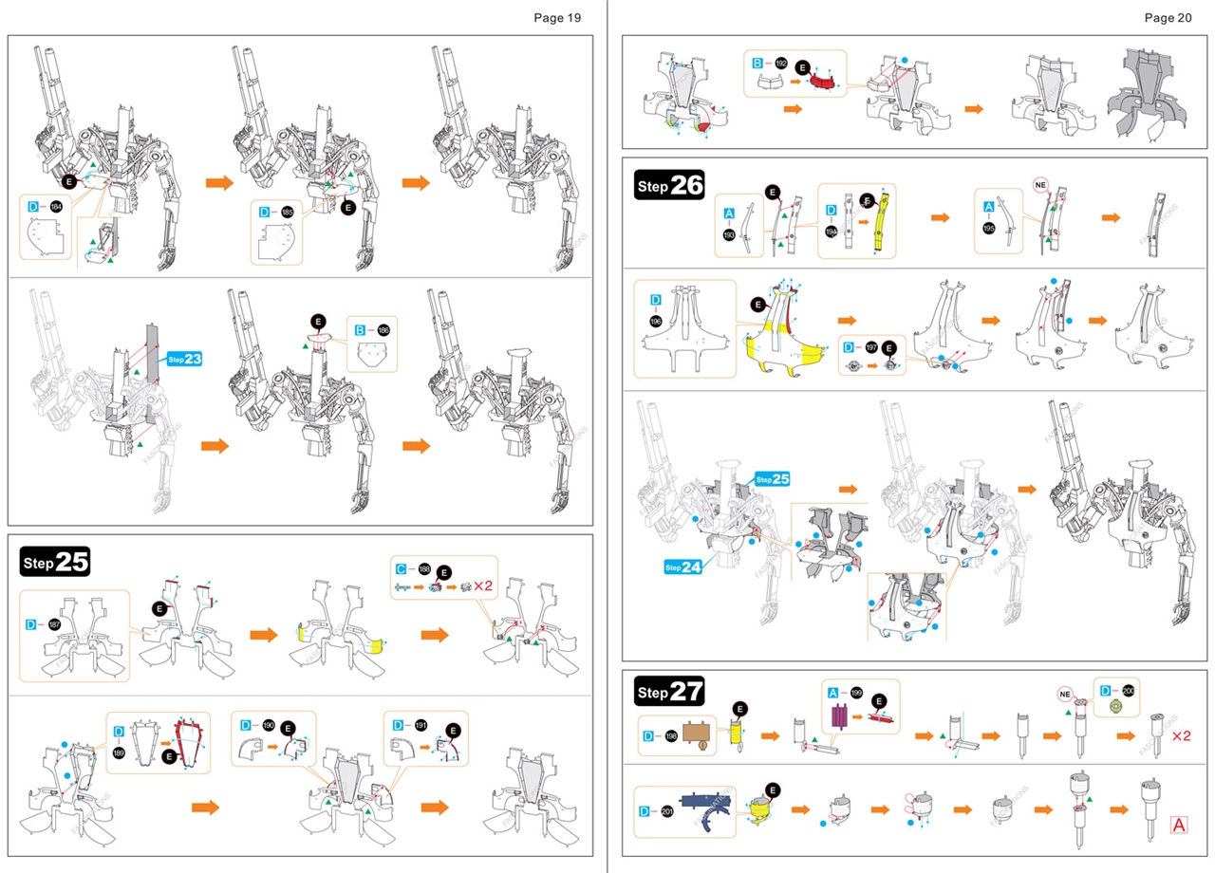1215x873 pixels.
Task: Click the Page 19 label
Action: pos(557,17)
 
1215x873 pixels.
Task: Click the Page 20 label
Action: pos(1168,17)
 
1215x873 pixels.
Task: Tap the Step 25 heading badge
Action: pos(55,561)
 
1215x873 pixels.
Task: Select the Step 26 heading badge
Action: pos(669,186)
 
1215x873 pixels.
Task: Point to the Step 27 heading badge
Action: pos(669,692)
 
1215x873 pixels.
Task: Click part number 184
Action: pos(56,205)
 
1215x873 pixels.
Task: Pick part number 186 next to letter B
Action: pos(383,330)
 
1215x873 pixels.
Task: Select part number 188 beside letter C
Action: pos(423,568)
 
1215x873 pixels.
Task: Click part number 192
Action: pos(781,63)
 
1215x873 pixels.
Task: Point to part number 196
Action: pos(656,322)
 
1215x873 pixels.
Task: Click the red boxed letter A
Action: pos(1180,825)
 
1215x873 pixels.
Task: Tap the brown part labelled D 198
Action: pos(700,734)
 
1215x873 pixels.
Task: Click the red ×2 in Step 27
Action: pos(1181,735)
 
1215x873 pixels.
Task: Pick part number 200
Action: pos(1128,690)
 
